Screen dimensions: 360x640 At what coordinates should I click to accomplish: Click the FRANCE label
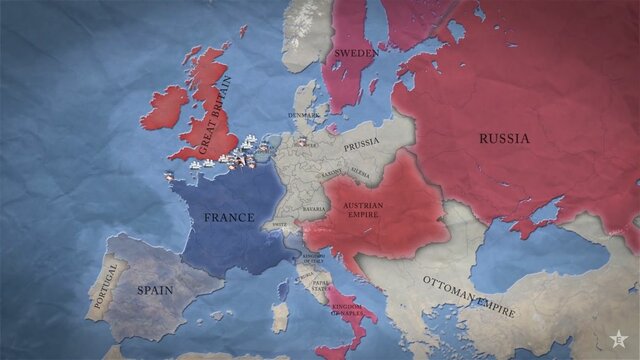(x=230, y=217)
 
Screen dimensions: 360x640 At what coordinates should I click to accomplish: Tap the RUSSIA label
(x=503, y=139)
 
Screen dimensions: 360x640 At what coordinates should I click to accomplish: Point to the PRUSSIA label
(x=361, y=145)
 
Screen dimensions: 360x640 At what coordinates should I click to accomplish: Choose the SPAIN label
(x=157, y=291)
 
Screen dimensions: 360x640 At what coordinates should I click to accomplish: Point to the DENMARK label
(x=304, y=116)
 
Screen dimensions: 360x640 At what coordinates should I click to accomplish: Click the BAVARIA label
(x=317, y=210)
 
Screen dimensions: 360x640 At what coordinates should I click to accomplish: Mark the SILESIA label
(x=360, y=174)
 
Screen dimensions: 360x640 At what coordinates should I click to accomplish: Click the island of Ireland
(x=165, y=106)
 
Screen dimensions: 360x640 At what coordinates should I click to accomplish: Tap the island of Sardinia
(x=281, y=317)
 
